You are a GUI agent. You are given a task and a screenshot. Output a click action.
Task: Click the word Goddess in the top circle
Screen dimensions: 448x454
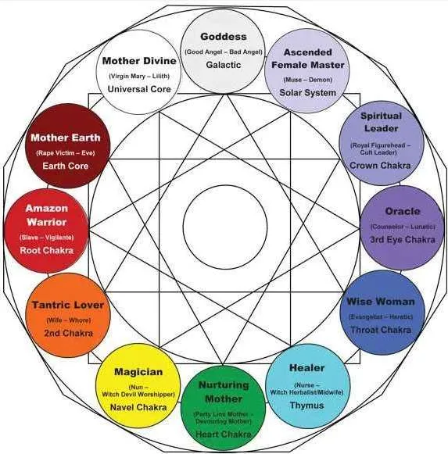(x=224, y=37)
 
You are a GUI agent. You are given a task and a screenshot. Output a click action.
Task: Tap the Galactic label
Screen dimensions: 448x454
(x=224, y=65)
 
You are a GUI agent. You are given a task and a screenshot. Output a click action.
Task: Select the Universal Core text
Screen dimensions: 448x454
(x=139, y=89)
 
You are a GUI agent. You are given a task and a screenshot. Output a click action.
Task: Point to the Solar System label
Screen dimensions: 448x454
(x=308, y=93)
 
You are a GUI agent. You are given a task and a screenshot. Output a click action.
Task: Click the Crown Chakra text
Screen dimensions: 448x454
(x=380, y=166)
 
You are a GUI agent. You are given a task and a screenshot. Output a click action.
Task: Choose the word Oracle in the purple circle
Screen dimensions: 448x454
(x=403, y=211)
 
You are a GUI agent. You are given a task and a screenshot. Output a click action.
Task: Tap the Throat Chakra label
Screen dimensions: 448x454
(x=381, y=330)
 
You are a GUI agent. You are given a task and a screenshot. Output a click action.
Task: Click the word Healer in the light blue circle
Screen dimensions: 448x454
(x=307, y=368)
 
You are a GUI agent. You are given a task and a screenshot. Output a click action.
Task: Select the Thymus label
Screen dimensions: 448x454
(x=307, y=406)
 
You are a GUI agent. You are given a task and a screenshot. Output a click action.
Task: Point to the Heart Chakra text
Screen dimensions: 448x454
(x=224, y=434)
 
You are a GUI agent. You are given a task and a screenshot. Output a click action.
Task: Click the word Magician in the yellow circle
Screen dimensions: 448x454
(x=138, y=372)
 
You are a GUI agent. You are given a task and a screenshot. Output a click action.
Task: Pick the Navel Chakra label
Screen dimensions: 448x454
(x=138, y=407)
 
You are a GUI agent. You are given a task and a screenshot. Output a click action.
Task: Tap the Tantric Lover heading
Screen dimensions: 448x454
(x=68, y=305)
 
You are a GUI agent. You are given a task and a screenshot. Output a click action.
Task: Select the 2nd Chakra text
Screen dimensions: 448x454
(x=69, y=333)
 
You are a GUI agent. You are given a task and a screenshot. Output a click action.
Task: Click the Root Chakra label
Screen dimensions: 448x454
(x=47, y=250)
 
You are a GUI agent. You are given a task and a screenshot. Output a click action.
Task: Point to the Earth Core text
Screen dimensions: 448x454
(x=66, y=166)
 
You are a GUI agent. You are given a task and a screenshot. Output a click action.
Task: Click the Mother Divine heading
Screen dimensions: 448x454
(x=139, y=61)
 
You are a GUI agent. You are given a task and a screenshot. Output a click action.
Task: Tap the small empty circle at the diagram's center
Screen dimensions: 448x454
(x=225, y=185)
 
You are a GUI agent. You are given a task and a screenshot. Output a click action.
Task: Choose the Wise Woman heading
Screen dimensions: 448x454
(x=381, y=302)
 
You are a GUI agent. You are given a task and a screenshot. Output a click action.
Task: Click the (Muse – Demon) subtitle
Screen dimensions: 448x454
(x=308, y=80)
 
